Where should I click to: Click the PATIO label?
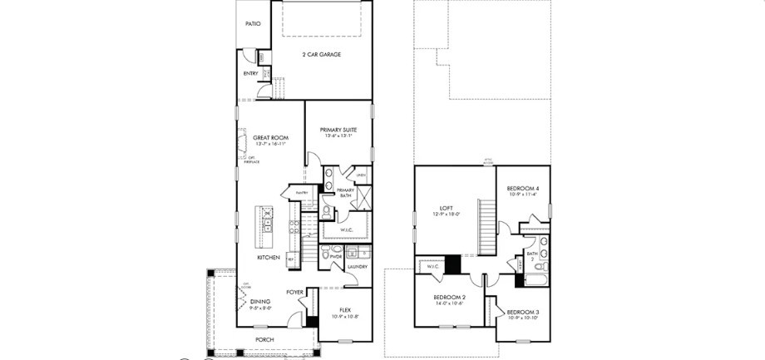pyautogui.click(x=253, y=23)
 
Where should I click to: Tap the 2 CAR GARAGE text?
pyautogui.click(x=321, y=55)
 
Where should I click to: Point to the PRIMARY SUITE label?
pyautogui.click(x=338, y=130)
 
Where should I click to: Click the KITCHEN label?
pyautogui.click(x=268, y=258)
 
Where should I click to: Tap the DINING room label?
pyautogui.click(x=260, y=302)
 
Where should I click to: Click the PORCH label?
pyautogui.click(x=264, y=339)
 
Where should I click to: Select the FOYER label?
pyautogui.click(x=294, y=292)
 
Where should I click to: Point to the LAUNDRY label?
pyautogui.click(x=358, y=266)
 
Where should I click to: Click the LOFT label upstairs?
pyautogui.click(x=447, y=208)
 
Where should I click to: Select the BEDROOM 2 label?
pyautogui.click(x=449, y=297)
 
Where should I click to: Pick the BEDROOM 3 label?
pyautogui.click(x=523, y=312)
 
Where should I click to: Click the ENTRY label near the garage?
pyautogui.click(x=250, y=74)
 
